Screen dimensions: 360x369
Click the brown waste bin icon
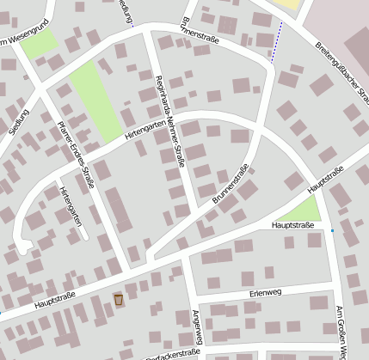(118, 299)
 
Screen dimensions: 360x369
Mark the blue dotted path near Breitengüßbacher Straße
(276, 43)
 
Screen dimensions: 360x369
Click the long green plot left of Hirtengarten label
(95, 101)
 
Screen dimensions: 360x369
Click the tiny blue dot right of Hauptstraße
(332, 230)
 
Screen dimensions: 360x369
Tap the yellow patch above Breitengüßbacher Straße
(291, 4)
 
